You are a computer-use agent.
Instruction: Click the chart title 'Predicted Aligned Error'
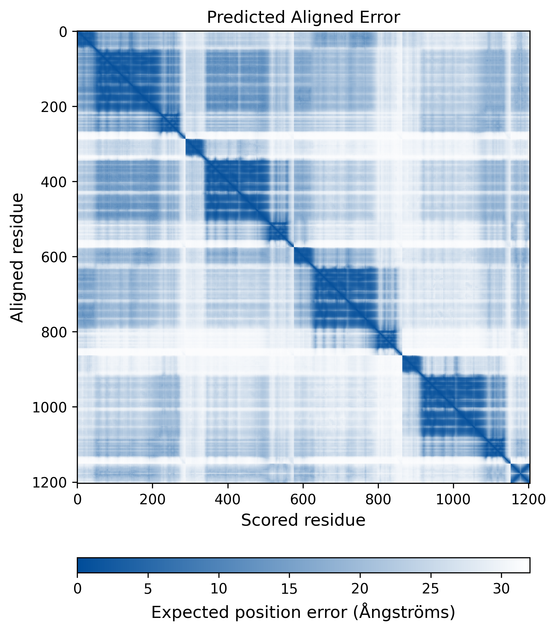click(303, 17)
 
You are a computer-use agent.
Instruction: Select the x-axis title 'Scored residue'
click(303, 520)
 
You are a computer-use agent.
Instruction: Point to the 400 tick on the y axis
click(54, 182)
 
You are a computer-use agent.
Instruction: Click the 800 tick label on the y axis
click(54, 332)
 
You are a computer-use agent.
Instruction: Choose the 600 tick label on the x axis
click(303, 500)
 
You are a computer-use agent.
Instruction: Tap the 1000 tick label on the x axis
click(453, 500)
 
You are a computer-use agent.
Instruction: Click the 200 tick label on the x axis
click(153, 500)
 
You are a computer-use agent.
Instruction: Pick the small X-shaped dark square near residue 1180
click(520, 473)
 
